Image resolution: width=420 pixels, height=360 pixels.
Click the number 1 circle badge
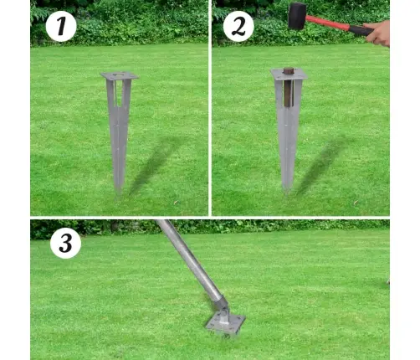pyautogui.click(x=61, y=27)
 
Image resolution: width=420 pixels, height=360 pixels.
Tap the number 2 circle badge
pyautogui.click(x=238, y=27)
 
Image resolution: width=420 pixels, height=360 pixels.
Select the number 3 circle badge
pyautogui.click(x=66, y=243)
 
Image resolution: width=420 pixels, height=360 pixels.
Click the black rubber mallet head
pyautogui.click(x=297, y=16)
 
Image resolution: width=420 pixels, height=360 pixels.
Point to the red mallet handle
pyautogui.click(x=328, y=23)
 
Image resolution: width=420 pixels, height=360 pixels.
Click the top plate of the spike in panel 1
pyautogui.click(x=120, y=76)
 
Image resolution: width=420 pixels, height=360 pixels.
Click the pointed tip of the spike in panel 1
pyautogui.click(x=119, y=194)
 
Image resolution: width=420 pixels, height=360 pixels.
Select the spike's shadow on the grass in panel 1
pyautogui.click(x=156, y=165)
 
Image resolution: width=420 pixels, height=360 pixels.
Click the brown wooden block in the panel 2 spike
pyautogui.click(x=289, y=87)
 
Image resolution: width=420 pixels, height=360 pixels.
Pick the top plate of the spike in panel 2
pyautogui.click(x=289, y=74)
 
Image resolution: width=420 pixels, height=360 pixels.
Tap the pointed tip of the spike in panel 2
pyautogui.click(x=287, y=192)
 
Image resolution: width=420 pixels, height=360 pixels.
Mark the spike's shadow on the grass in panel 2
pyautogui.click(x=324, y=165)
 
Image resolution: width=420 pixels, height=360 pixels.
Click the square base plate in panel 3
pyautogui.click(x=225, y=324)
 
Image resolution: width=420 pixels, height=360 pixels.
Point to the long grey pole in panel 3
pyautogui.click(x=190, y=260)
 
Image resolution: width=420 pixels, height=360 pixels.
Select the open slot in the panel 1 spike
pyautogui.click(x=120, y=94)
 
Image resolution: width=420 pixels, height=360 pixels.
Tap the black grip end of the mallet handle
pyautogui.click(x=361, y=30)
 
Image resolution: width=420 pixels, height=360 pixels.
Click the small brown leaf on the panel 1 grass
pyautogui.click(x=177, y=203)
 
